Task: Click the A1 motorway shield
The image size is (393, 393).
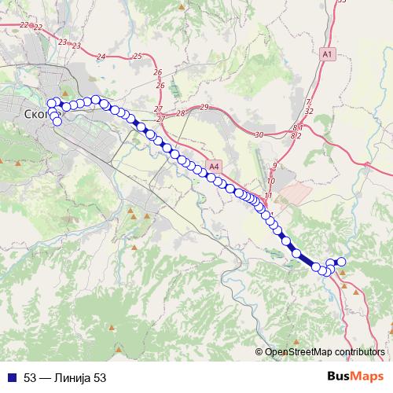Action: (x=328, y=53)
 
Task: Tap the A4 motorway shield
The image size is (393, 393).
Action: (x=215, y=167)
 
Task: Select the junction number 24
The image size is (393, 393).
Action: (x=100, y=57)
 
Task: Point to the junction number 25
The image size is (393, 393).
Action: (x=138, y=56)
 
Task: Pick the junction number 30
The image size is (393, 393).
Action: (x=259, y=135)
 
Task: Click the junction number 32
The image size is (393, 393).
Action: (x=309, y=112)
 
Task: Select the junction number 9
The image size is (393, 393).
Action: (x=274, y=164)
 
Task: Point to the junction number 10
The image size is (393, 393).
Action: (x=270, y=181)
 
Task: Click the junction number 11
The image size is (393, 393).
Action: (x=269, y=195)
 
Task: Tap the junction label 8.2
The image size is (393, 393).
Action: (x=296, y=136)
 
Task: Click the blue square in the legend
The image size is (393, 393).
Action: (x=10, y=378)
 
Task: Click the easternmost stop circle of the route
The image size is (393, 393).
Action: (x=341, y=262)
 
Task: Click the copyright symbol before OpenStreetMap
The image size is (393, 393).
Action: (x=260, y=351)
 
